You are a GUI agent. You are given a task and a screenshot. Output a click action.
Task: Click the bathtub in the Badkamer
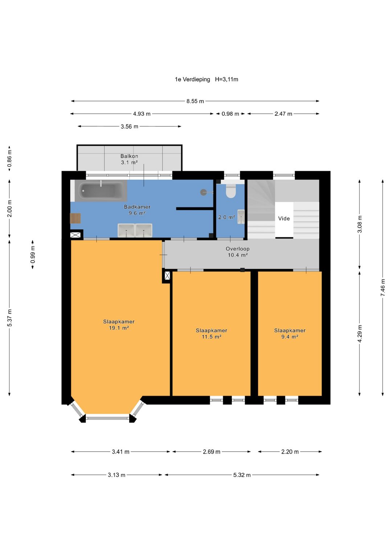(x=101, y=191)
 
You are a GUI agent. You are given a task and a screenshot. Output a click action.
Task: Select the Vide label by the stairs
(x=284, y=218)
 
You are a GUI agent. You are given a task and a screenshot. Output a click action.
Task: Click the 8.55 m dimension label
(x=195, y=101)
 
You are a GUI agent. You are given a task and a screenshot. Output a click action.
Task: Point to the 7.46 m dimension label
(x=383, y=288)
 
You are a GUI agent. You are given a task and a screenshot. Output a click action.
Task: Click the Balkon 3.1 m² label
(x=129, y=159)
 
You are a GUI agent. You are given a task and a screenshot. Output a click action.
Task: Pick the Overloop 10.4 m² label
(x=238, y=252)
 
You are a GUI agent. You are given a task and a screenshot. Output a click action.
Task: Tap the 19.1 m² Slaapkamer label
(x=119, y=325)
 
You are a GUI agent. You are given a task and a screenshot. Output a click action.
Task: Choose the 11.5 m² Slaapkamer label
(x=211, y=333)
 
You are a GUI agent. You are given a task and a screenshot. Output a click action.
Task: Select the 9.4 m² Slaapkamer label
(x=290, y=333)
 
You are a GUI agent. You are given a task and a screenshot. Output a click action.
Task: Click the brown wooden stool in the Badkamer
(x=75, y=218)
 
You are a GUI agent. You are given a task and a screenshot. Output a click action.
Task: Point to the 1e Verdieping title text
(x=192, y=79)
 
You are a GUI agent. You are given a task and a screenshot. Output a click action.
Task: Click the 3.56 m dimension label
(x=130, y=127)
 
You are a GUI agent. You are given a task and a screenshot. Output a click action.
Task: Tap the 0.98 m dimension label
(x=230, y=114)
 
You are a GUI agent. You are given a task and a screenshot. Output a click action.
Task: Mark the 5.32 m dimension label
(x=242, y=475)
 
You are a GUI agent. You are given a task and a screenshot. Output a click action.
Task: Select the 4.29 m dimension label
(x=360, y=334)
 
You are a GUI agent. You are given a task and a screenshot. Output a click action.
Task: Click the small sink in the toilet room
(x=241, y=217)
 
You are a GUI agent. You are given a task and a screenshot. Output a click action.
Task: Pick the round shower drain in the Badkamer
(x=203, y=192)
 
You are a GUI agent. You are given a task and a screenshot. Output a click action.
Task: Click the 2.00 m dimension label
(x=9, y=209)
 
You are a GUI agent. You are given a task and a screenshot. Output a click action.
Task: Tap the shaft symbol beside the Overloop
(x=167, y=275)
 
